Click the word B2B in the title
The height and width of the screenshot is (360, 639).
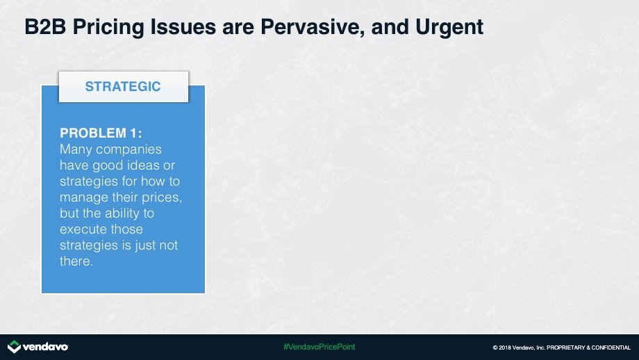pos(45,27)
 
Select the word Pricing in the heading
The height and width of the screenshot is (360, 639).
pos(108,28)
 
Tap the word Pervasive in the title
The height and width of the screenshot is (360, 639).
pos(313,27)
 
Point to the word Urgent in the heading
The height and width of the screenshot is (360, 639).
pos(449,28)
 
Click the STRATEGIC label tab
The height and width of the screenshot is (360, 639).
pos(124,86)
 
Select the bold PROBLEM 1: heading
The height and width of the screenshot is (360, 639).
pos(101,133)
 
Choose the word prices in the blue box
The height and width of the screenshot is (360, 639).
pos(162,197)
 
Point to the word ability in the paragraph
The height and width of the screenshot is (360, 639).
pos(122,213)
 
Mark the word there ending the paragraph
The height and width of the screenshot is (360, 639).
pos(76,261)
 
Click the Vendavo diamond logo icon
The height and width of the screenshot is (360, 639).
pos(14,347)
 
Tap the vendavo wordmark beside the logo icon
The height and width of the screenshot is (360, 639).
pos(46,347)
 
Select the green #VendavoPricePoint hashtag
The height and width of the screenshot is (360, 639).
pos(319,347)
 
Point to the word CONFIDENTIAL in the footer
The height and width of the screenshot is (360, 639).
pos(611,347)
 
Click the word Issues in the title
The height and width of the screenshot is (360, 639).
pos(183,27)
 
